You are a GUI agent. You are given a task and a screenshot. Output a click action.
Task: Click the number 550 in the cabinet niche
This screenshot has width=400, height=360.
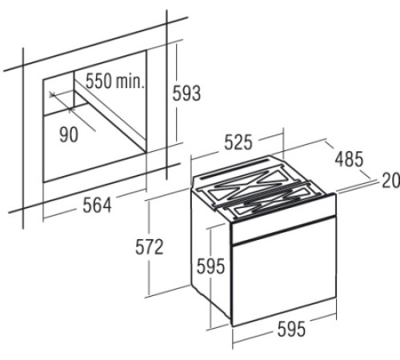pyautogui.click(x=98, y=81)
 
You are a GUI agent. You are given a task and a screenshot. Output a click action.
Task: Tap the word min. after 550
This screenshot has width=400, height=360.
pyautogui.click(x=130, y=81)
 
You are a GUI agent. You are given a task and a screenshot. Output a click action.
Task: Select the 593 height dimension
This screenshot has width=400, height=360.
pyautogui.click(x=186, y=93)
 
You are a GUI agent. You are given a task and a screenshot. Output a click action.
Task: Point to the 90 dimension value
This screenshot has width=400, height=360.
pyautogui.click(x=69, y=134)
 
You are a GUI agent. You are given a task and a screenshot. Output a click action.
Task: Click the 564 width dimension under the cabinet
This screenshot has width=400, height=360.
pyautogui.click(x=97, y=206)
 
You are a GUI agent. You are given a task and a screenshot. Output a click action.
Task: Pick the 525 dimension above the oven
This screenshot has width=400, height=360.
pyautogui.click(x=238, y=142)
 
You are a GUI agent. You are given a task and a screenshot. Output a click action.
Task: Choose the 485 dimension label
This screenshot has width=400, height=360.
pyautogui.click(x=349, y=159)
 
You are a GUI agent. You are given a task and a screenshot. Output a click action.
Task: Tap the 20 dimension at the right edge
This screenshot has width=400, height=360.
pyautogui.click(x=391, y=181)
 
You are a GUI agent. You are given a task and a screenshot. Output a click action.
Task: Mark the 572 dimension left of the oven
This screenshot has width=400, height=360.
pyautogui.click(x=149, y=246)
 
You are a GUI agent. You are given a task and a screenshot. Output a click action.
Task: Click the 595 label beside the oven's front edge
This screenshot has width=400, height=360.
pyautogui.click(x=210, y=266)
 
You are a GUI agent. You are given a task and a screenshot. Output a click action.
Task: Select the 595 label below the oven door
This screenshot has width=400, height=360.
pyautogui.click(x=291, y=329)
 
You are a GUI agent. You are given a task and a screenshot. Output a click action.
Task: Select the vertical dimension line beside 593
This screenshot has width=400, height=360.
pyautogui.click(x=177, y=93)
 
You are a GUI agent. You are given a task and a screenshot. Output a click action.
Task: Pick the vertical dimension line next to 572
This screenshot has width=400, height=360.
pyautogui.click(x=150, y=248)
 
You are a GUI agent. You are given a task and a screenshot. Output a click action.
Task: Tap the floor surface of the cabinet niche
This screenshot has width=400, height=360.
pyautogui.click(x=94, y=146)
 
